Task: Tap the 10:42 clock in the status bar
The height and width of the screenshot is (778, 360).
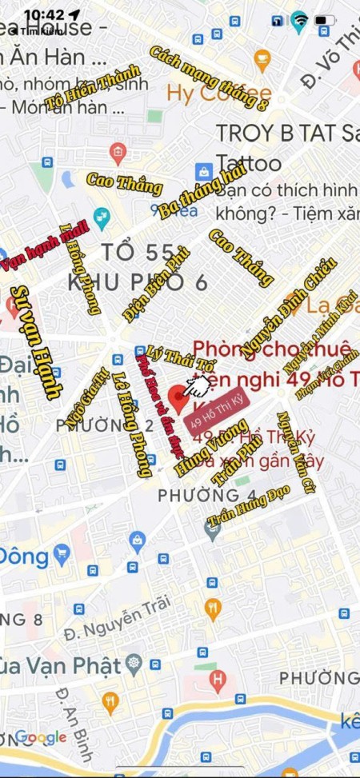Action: coord(44,14)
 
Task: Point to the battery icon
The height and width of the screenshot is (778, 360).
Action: coord(325,18)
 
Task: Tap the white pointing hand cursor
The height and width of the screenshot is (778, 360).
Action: coord(194,385)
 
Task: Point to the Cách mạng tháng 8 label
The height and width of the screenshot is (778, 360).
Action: coord(210,77)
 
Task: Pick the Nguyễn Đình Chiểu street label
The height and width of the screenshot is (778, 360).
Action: coord(287,303)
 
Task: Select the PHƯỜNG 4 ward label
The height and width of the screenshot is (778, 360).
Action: coord(195,496)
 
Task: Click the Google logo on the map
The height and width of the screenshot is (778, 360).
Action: coord(40,736)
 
